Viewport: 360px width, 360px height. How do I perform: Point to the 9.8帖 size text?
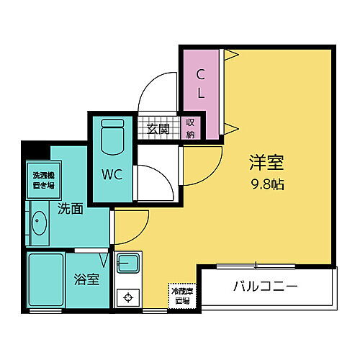point(266,184)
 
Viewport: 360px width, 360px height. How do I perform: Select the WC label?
point(111,174)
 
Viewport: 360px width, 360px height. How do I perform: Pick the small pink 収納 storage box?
point(190,128)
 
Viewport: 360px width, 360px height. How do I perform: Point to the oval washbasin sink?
point(37,223)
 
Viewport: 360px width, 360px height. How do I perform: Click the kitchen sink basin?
point(129,263)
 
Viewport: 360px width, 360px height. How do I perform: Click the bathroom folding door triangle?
point(106,257)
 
